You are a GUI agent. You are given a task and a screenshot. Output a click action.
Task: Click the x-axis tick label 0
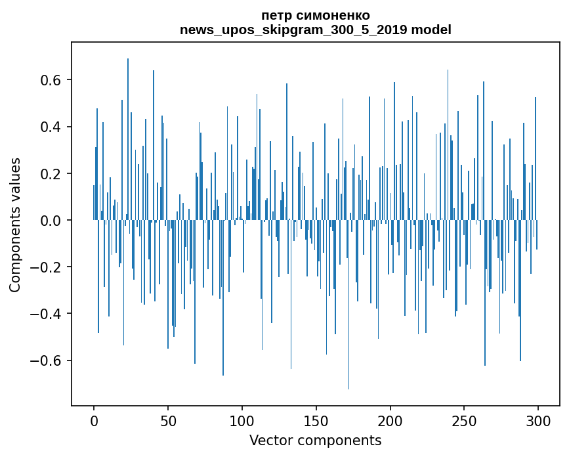pos(94,421)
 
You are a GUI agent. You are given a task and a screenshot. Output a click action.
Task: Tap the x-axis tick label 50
pos(168,421)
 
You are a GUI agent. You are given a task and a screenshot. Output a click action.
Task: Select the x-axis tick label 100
pos(242,421)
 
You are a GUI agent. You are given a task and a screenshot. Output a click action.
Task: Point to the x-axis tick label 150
pos(316,421)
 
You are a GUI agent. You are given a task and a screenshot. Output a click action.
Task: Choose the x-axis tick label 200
pos(390,421)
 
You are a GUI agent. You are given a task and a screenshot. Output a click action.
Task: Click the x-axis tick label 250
pos(464,421)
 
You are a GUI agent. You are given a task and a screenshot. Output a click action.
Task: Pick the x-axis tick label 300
pos(538,421)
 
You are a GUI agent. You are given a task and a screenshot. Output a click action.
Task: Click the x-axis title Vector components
pos(315,440)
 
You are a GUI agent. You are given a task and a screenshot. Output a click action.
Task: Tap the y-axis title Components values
pos(15,225)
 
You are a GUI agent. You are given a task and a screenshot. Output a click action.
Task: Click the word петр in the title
pos(275,15)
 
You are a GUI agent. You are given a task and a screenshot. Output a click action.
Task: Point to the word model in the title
pos(431,30)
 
